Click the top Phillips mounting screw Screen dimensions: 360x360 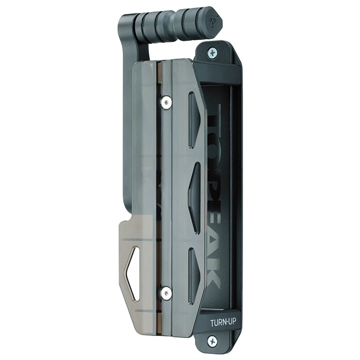[212, 53]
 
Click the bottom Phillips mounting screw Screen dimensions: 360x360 [212, 341]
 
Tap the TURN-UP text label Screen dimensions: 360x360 [223, 322]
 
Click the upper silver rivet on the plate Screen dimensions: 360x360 [166, 101]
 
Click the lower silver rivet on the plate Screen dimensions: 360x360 [166, 293]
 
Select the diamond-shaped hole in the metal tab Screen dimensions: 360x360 [132, 273]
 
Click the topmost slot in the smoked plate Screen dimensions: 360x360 [194, 120]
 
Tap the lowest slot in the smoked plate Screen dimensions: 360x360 [194, 276]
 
